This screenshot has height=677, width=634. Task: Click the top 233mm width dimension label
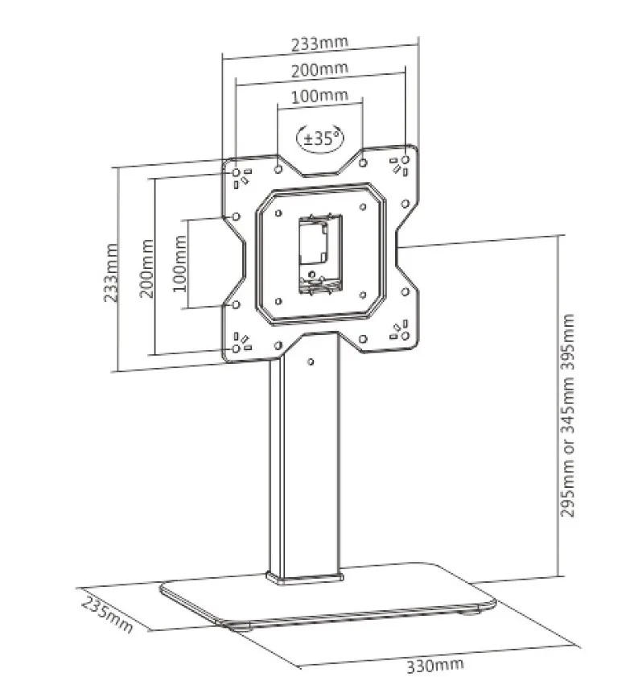[x=319, y=43]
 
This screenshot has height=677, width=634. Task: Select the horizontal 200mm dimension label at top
[x=319, y=69]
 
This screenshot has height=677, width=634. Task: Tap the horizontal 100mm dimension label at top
[x=319, y=96]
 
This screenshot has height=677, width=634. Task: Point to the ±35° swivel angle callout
[x=319, y=138]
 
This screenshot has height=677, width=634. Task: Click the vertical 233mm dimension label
[x=111, y=272]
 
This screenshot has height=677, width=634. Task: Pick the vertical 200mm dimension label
[x=146, y=268]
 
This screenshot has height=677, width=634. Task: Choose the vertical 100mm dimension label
[x=180, y=263]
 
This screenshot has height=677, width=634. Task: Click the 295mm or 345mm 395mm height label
[x=567, y=415]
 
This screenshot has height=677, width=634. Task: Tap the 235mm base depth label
[x=107, y=615]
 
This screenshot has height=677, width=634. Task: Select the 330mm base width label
[x=436, y=665]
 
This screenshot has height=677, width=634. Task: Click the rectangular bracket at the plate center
[x=321, y=254]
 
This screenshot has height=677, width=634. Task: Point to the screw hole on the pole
[x=311, y=361]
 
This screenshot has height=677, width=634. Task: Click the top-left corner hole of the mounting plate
[x=236, y=173]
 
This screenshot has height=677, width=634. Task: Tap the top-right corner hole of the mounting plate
[x=406, y=159]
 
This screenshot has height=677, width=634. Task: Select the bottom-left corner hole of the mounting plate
[x=236, y=348]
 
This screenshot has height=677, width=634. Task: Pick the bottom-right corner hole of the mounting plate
[x=406, y=336]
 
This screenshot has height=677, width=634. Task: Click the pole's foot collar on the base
[x=305, y=579]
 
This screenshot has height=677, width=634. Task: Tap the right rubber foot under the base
[x=470, y=610]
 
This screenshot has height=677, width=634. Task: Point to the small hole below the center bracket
[x=312, y=274]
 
